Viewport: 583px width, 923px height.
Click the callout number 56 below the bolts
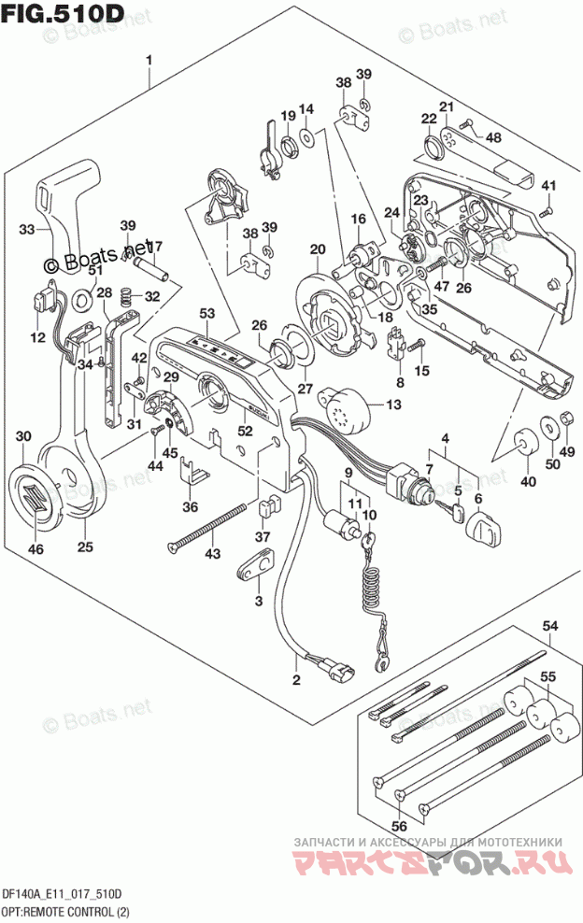tap(401, 826)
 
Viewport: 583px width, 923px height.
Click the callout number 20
tap(318, 248)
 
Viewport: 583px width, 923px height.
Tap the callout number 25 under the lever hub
tap(85, 547)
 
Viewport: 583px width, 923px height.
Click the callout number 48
tap(492, 137)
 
